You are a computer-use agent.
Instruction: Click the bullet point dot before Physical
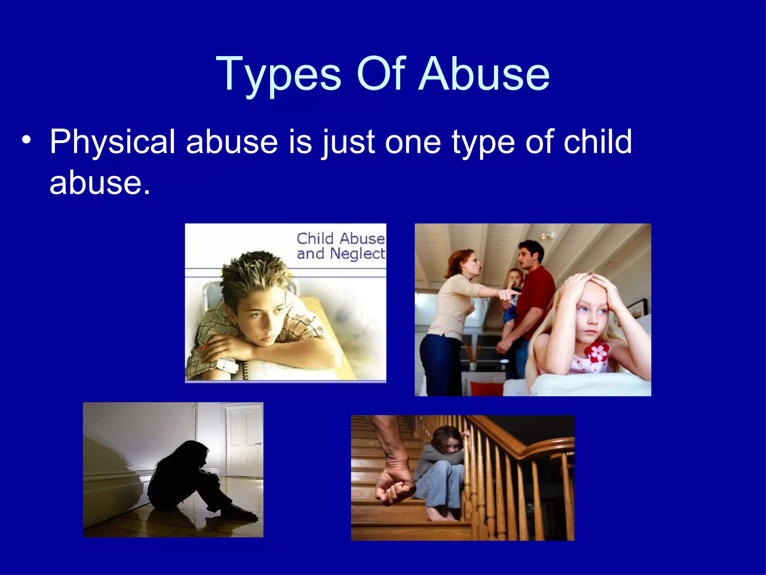pos(26,141)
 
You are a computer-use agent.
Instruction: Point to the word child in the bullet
pos(597,142)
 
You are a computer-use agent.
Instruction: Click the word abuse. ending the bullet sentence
pos(99,183)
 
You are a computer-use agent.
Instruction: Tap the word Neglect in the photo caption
pos(357,254)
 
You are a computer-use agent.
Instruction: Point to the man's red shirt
pos(539,299)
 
